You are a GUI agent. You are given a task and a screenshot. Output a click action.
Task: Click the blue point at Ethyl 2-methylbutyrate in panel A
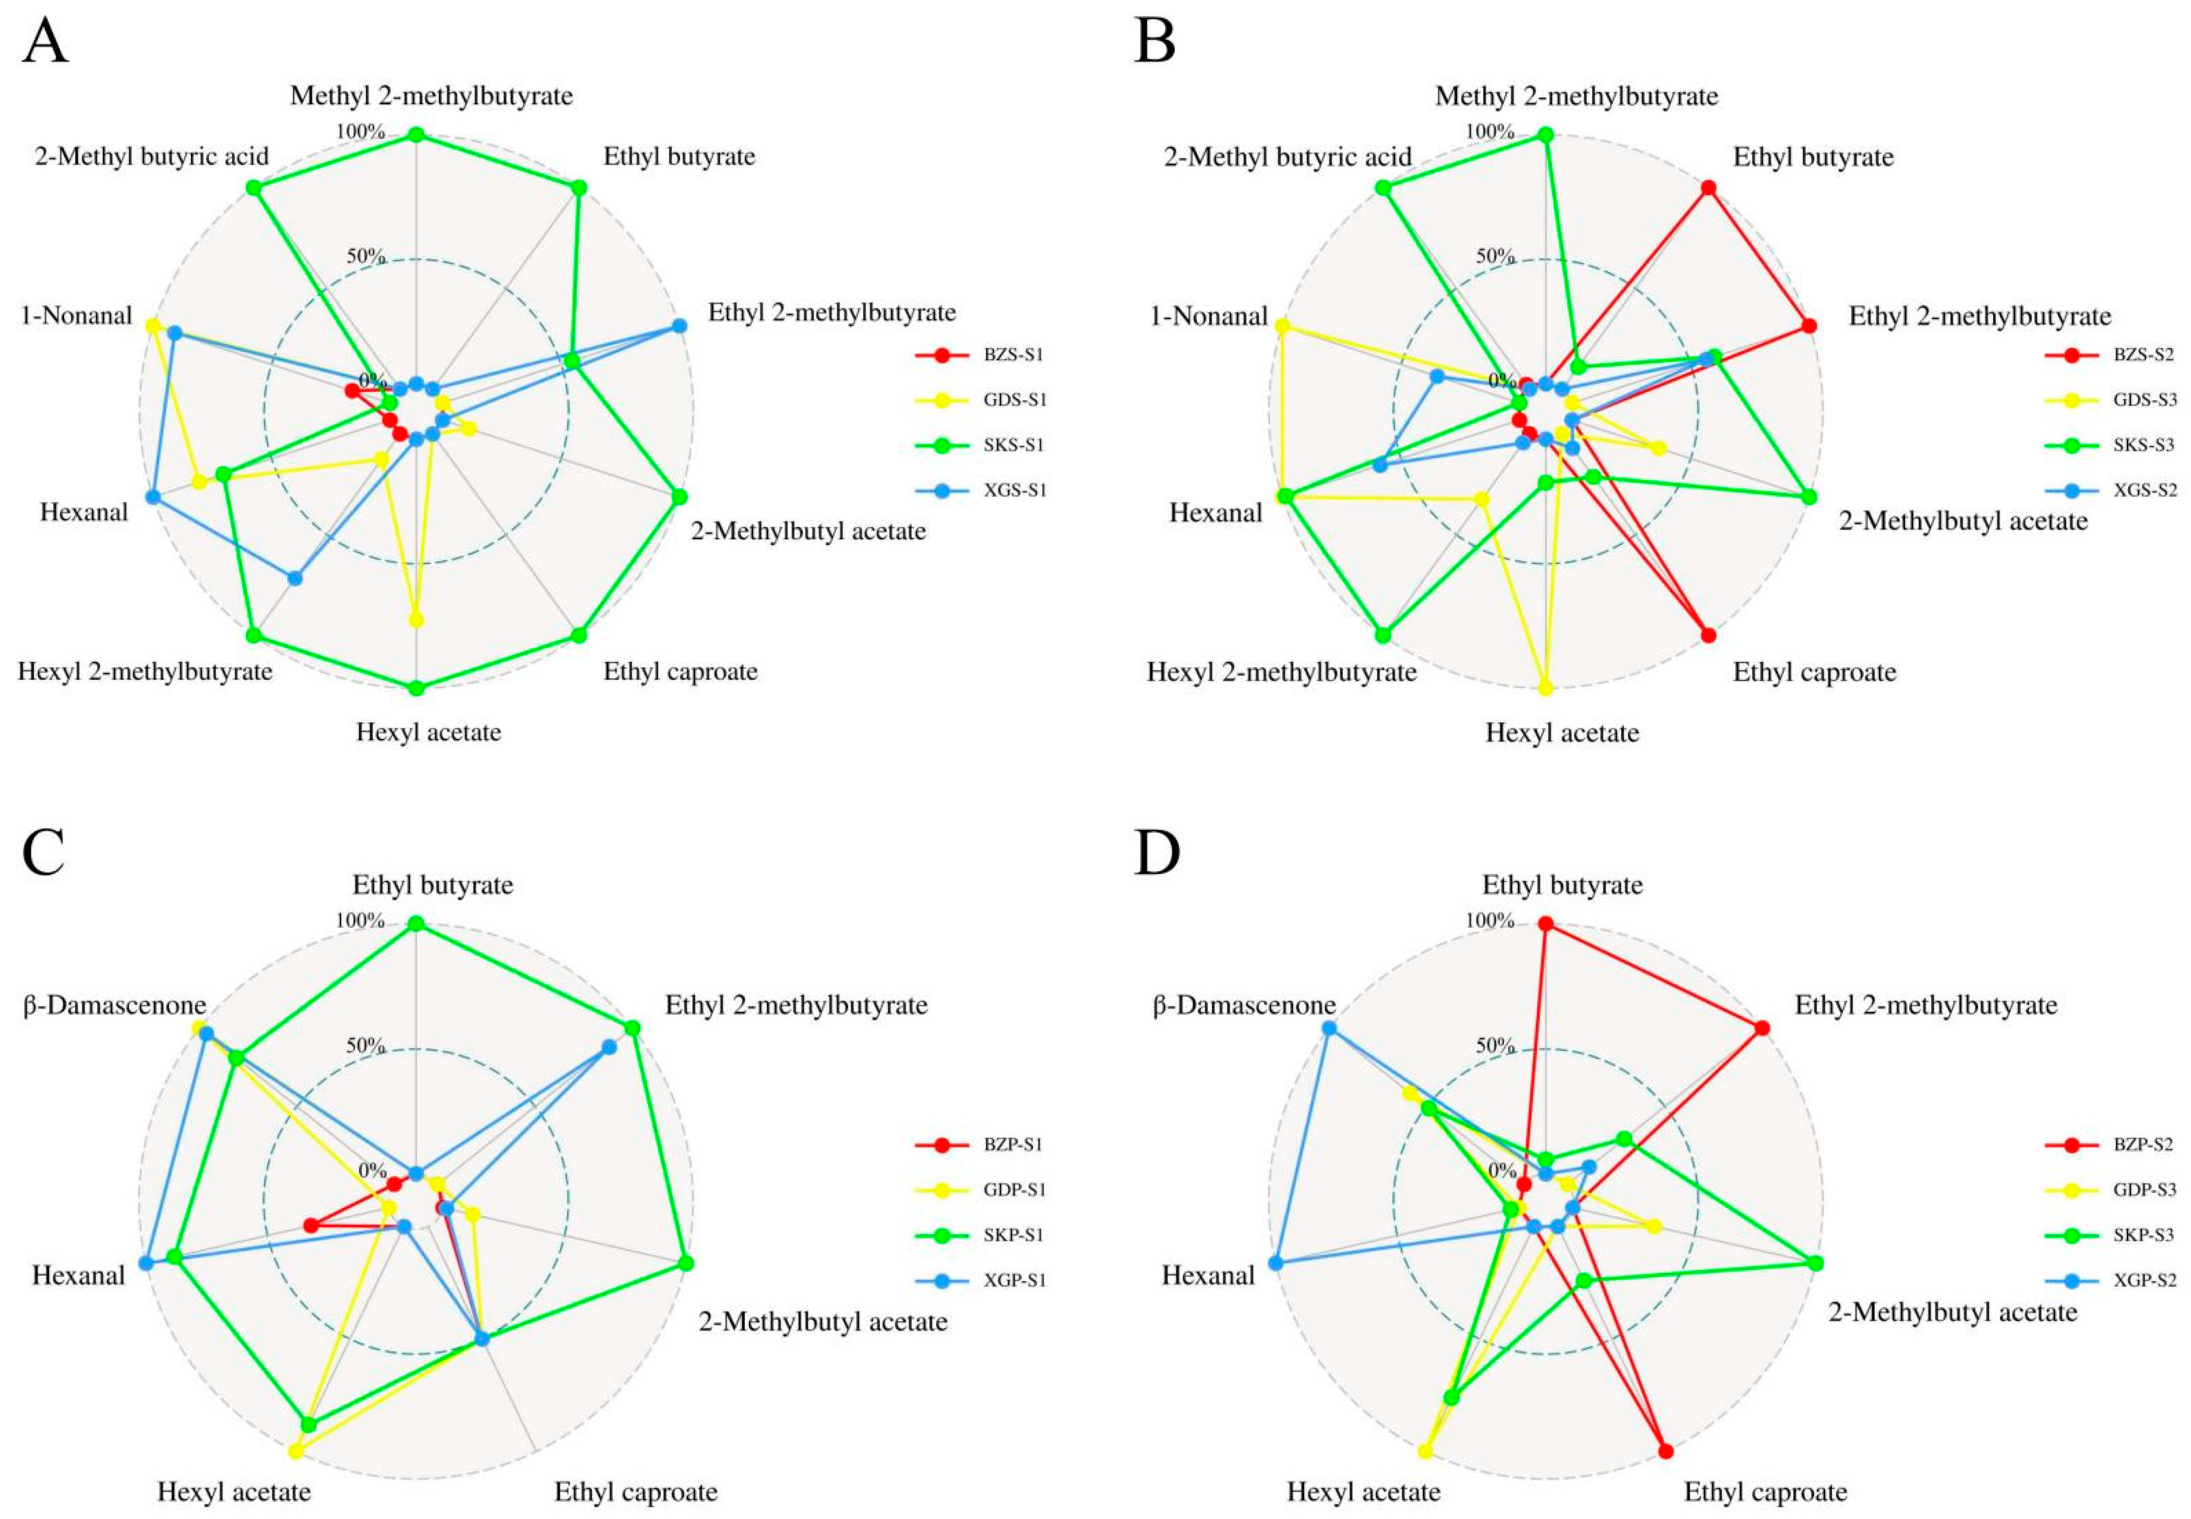[x=678, y=326]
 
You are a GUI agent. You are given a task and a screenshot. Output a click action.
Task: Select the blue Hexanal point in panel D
[x=1276, y=1263]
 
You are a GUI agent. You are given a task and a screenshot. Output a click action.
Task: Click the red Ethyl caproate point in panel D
[x=1665, y=1477]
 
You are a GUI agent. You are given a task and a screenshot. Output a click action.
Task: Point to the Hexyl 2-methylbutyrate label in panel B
[x=1281, y=672]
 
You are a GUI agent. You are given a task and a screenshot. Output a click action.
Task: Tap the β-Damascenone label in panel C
[x=114, y=1005]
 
